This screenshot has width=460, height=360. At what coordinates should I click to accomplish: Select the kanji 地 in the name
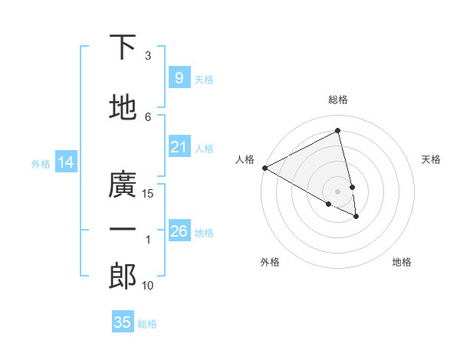coord(123,108)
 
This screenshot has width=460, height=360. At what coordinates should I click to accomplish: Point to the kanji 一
coord(123,230)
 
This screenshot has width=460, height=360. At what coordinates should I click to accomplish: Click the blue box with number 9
coord(179,78)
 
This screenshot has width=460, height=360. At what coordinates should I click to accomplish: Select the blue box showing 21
coord(179,147)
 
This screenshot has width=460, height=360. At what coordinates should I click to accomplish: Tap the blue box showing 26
coord(179,231)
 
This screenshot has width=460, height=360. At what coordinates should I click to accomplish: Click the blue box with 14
coord(66,162)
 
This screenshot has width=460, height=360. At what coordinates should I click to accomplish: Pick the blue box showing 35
coord(123,322)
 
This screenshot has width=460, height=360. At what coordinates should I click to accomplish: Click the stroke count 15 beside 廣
coord(148,194)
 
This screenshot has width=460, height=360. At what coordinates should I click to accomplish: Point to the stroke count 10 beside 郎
coord(148,286)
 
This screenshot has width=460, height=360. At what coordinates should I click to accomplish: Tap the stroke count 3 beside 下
coord(148,56)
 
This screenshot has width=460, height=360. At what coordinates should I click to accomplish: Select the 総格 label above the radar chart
coord(338,100)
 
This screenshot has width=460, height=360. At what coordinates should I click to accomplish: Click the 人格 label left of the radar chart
coord(245,159)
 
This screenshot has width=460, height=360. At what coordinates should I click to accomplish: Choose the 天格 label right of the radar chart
coord(431,159)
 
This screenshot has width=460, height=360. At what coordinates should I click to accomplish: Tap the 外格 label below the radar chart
coord(270,262)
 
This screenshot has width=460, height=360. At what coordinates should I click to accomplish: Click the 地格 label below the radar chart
coord(402,262)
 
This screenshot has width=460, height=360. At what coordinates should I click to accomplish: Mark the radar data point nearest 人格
coord(264,168)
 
